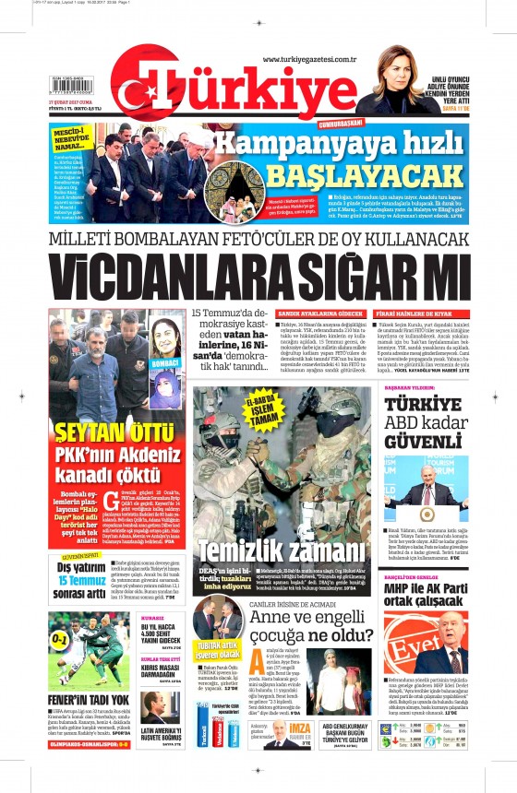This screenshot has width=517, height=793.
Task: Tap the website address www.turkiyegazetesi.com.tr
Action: pos(309,60)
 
